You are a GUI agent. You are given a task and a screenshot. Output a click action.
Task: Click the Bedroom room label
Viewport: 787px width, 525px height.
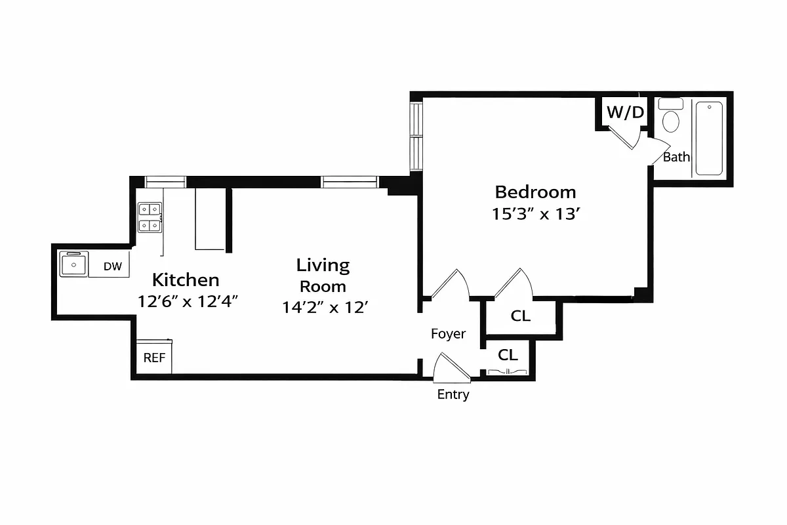[535, 192]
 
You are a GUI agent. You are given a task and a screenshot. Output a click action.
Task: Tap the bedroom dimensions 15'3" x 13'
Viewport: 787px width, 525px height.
[535, 214]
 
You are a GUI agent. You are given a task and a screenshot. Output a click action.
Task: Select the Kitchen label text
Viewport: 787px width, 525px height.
[186, 280]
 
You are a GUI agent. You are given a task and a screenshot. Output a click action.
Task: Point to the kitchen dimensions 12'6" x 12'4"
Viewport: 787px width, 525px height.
[187, 302]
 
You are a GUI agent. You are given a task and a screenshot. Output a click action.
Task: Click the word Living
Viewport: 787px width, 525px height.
[323, 265]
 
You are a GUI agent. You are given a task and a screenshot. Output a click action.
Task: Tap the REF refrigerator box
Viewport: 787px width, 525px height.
[154, 358]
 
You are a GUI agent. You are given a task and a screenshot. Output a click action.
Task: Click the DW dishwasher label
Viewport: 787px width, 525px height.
[113, 266]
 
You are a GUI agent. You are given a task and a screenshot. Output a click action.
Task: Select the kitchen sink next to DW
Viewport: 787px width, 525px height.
[73, 265]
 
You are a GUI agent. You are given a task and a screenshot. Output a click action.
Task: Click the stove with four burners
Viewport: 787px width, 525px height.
[150, 217]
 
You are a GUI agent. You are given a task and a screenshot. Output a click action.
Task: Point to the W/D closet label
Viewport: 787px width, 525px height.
[625, 112]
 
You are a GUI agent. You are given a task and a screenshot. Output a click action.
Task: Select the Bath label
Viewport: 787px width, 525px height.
[676, 157]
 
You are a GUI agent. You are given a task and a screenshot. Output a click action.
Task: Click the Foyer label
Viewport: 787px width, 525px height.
[448, 334]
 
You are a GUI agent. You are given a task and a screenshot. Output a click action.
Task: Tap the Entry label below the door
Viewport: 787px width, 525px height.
[453, 395]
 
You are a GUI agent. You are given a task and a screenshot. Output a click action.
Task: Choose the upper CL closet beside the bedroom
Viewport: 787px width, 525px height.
[520, 316]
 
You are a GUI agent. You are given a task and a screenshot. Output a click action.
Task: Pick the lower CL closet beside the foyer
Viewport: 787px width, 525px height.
[508, 355]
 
